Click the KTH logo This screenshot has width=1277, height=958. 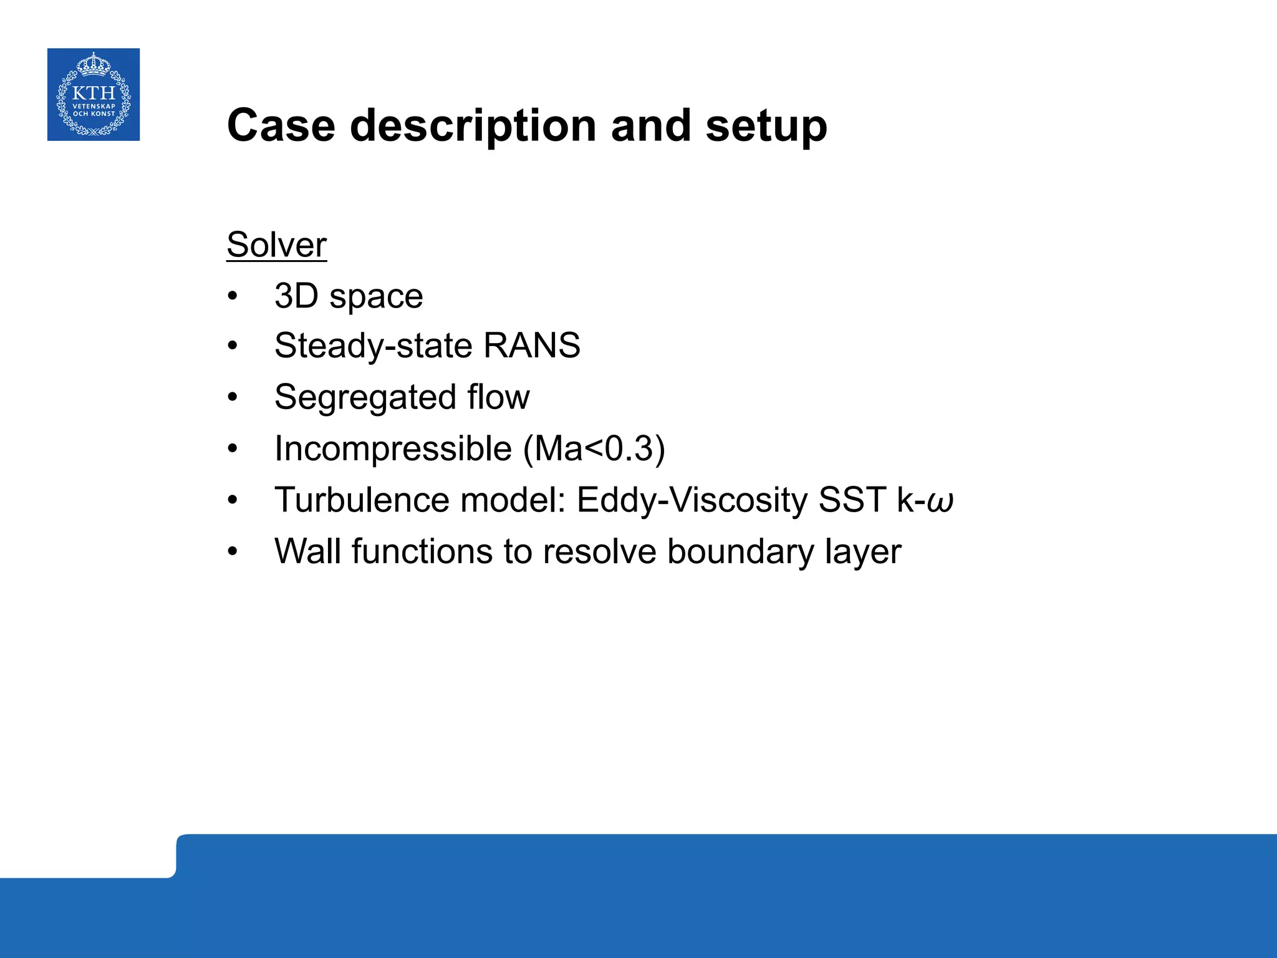[94, 95]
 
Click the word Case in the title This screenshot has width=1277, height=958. [281, 126]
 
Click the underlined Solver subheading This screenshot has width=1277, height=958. [276, 244]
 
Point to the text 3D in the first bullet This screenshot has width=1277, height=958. [296, 296]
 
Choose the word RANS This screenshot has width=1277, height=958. [531, 346]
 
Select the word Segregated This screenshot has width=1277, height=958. [365, 398]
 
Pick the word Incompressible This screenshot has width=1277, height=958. [393, 448]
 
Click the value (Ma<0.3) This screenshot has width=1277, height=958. [594, 448]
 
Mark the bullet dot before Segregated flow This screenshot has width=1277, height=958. [233, 397]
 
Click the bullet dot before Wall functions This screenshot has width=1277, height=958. [233, 552]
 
